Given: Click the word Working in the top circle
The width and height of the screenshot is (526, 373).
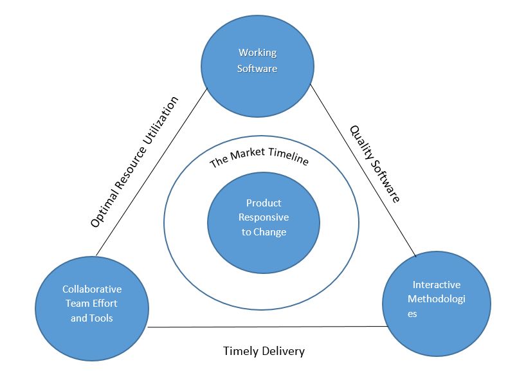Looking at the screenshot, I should (x=257, y=53).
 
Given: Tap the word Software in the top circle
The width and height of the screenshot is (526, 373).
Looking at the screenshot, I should (x=257, y=68).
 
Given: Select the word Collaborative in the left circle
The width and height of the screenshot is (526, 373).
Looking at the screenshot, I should (x=91, y=289).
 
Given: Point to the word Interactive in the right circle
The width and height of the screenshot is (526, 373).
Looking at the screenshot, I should (x=437, y=284).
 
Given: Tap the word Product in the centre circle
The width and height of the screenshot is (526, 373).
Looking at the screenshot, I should (x=264, y=203).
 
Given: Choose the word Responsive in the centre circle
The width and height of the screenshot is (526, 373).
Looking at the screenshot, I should (x=264, y=217).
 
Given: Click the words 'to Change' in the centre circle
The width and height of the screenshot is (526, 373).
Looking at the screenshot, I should (x=264, y=232).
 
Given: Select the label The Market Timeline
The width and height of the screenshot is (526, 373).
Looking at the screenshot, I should (x=259, y=161).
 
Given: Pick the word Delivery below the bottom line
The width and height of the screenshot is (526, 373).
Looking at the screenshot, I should (x=284, y=351).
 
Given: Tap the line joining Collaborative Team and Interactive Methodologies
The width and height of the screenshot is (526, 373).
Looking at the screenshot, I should (x=267, y=327).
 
